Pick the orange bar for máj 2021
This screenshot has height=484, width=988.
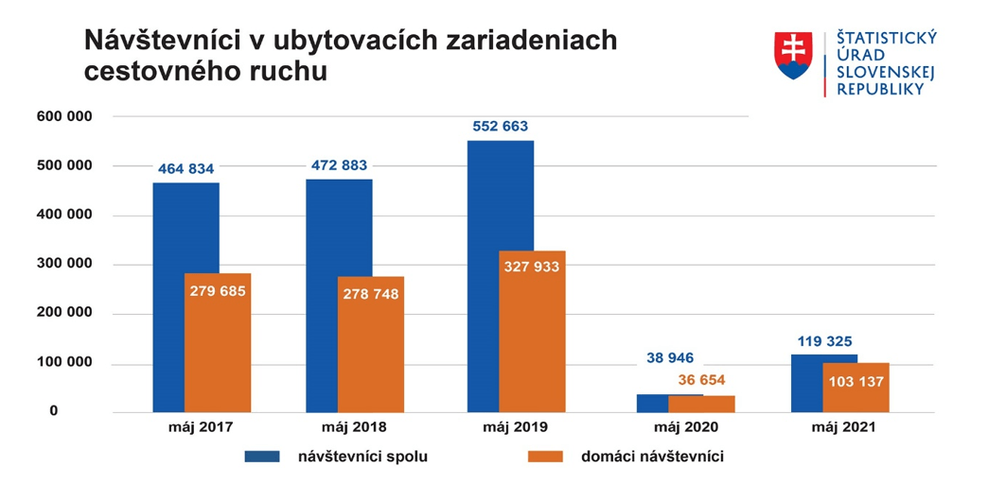(x=856, y=388)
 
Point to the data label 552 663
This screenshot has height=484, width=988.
(x=501, y=126)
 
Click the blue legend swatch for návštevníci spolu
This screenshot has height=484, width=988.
(x=262, y=457)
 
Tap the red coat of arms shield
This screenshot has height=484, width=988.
(x=793, y=56)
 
